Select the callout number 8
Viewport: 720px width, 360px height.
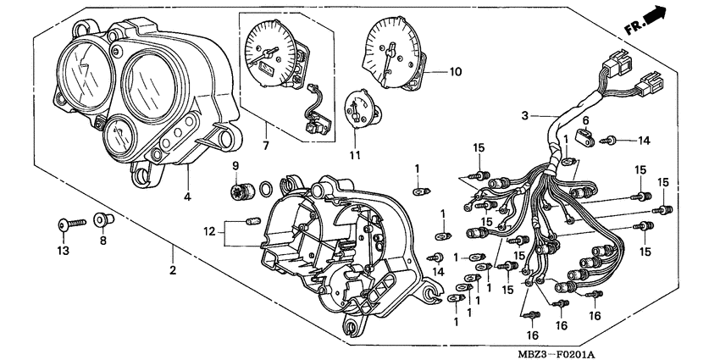(103, 241)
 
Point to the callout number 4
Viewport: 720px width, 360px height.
(187, 197)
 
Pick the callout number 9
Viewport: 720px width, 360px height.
(236, 164)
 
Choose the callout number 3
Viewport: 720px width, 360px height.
(525, 115)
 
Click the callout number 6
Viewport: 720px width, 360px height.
(584, 120)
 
